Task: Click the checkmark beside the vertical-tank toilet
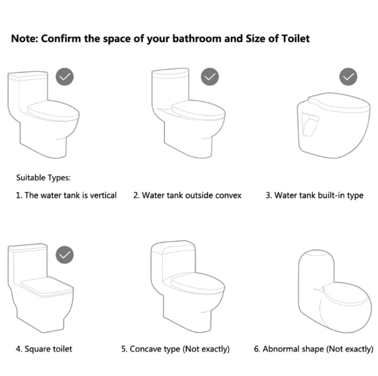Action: tap(65, 77)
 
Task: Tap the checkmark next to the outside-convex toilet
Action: tap(210, 77)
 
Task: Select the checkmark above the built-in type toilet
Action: tap(348, 77)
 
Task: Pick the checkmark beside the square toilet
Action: tap(65, 255)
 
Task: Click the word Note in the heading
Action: tap(25, 39)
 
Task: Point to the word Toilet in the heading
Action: tap(296, 39)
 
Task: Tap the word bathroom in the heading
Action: tap(197, 39)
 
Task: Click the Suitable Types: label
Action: tap(44, 178)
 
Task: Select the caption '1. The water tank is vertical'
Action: tap(66, 195)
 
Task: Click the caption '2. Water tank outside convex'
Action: tap(187, 195)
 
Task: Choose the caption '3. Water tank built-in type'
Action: tap(314, 196)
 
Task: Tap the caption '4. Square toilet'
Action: tap(44, 349)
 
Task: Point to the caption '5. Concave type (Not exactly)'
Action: tap(175, 349)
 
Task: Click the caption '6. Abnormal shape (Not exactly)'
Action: tap(313, 349)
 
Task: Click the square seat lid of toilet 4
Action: tap(47, 287)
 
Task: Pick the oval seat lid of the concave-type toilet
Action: tap(198, 284)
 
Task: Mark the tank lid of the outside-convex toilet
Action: tap(170, 73)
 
